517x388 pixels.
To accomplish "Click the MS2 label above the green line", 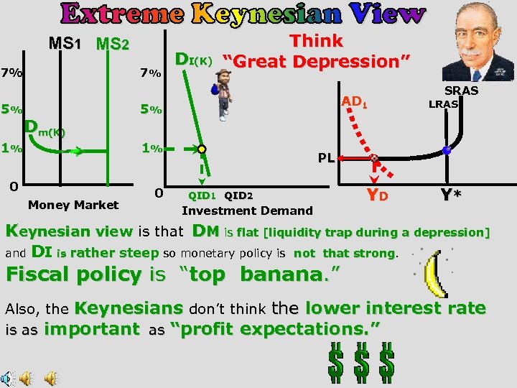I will tap(112, 45).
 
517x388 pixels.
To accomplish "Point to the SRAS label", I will tap(461, 91).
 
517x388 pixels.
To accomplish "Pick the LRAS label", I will tap(443, 105).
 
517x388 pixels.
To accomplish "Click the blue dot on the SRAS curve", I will tap(447, 151).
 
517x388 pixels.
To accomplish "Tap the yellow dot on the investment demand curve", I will tap(203, 149).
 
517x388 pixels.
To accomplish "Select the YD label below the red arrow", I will tap(378, 195).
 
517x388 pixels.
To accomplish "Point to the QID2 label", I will tap(238, 195).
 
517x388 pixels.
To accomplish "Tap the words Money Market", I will tap(73, 205).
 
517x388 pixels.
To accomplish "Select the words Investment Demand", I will tap(247, 211).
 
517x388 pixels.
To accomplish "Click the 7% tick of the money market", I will tap(11, 73).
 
